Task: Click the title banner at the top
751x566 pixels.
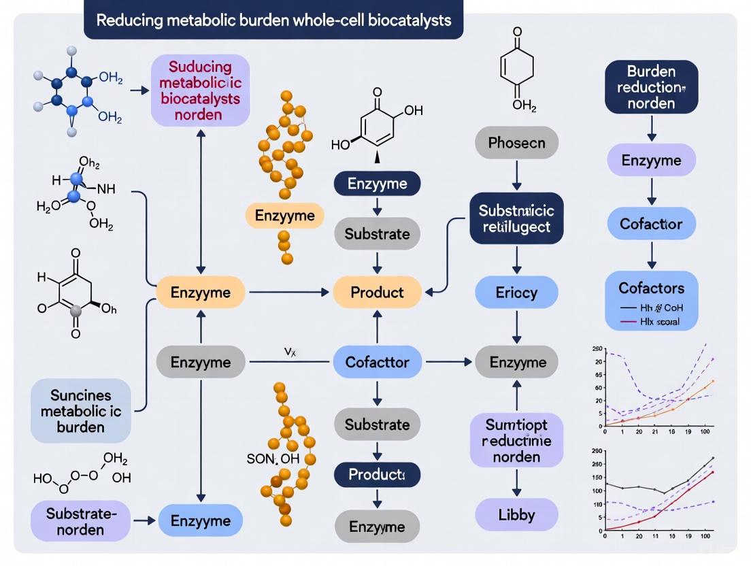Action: pos(273,20)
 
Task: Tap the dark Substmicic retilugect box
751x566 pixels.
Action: pos(516,218)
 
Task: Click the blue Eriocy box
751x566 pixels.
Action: pos(516,293)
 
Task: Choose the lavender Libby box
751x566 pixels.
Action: pos(516,514)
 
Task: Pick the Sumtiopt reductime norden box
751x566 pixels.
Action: pos(516,440)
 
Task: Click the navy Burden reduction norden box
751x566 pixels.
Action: pos(651,87)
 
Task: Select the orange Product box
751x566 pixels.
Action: pos(377,293)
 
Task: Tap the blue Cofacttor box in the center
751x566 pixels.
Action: pos(377,362)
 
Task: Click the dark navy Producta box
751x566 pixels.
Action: pos(377,474)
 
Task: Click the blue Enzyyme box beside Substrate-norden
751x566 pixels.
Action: pos(200,521)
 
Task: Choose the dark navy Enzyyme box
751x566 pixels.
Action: pos(377,183)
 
